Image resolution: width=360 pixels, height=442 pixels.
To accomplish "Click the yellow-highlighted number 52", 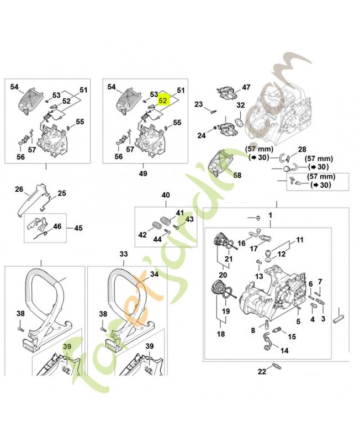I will pyautogui.click(x=163, y=101).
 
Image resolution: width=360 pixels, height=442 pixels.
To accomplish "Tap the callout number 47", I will pyautogui.click(x=246, y=87).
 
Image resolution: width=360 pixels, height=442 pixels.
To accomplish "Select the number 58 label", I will pyautogui.click(x=237, y=175).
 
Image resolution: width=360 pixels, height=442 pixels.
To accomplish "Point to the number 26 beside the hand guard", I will pyautogui.click(x=19, y=190).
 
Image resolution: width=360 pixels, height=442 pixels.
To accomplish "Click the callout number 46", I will pyautogui.click(x=57, y=227).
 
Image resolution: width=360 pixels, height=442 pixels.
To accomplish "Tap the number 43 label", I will pyautogui.click(x=190, y=219).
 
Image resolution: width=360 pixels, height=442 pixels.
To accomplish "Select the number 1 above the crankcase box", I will pyautogui.click(x=271, y=214).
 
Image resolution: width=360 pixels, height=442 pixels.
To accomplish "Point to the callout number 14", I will pyautogui.click(x=285, y=350).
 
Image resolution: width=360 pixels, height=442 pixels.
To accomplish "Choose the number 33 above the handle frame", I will pyautogui.click(x=124, y=253).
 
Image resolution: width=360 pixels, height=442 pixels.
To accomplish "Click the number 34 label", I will pyautogui.click(x=154, y=274).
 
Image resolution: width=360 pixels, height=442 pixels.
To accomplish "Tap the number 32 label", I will pyautogui.click(x=240, y=105).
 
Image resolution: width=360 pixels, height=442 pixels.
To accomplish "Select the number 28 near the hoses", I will pyautogui.click(x=302, y=149).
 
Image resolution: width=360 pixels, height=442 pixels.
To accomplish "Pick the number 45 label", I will pyautogui.click(x=78, y=228).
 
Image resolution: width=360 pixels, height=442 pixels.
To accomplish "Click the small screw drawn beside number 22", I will pyautogui.click(x=276, y=366).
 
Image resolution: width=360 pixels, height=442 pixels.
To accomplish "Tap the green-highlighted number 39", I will pyautogui.click(x=68, y=346).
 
